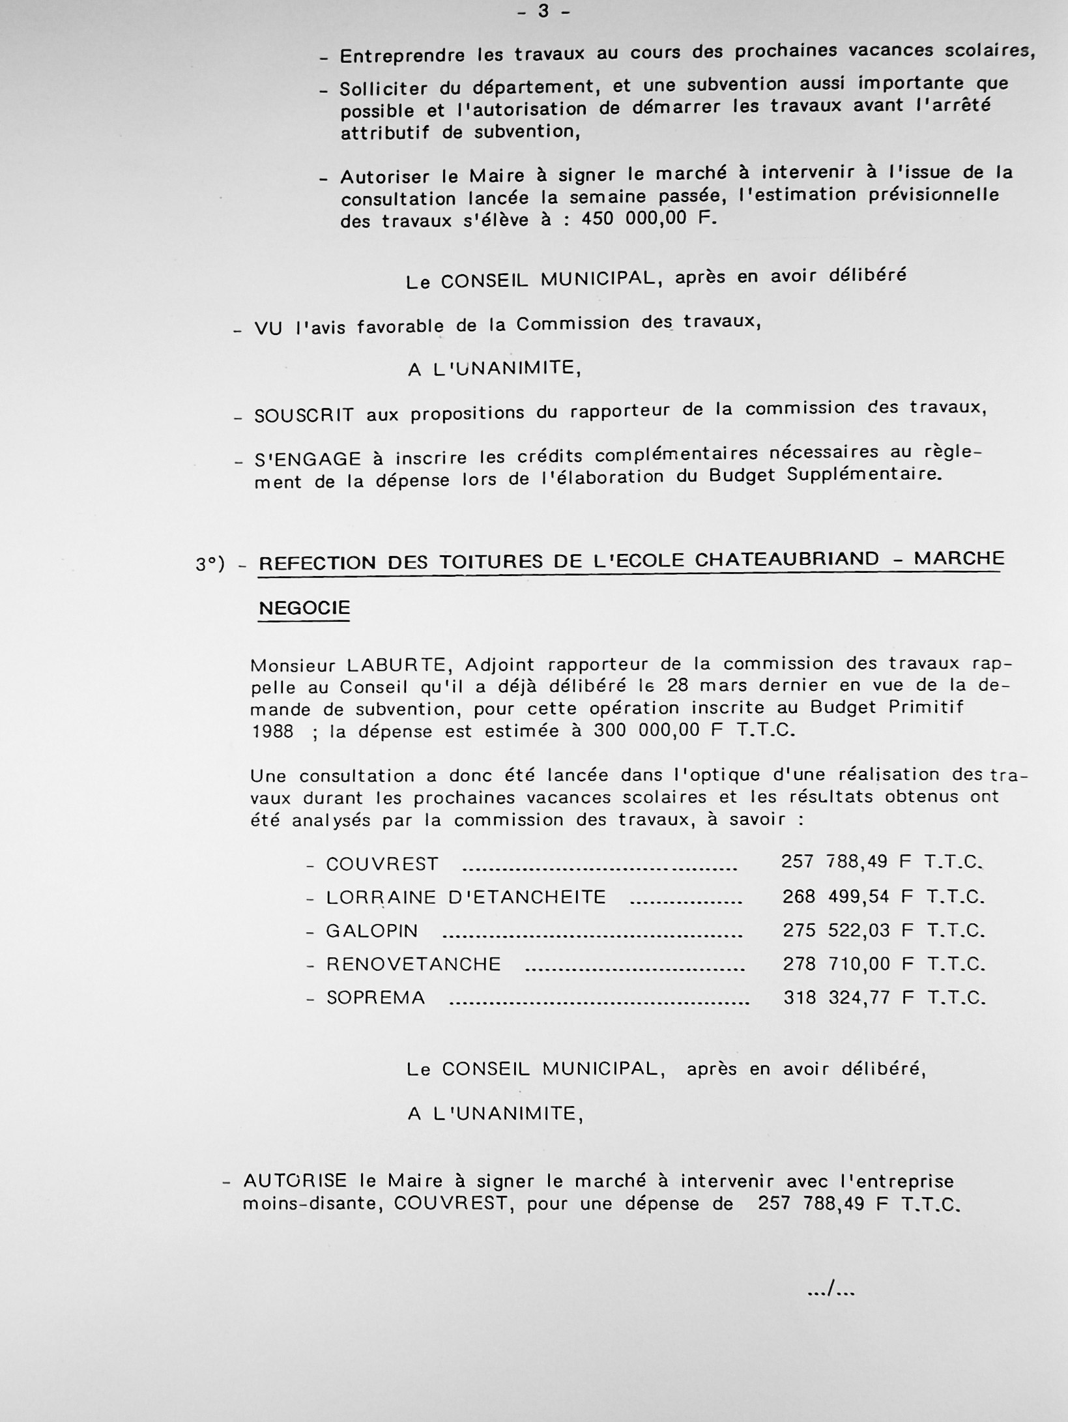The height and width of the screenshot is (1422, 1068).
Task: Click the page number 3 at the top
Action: tap(543, 12)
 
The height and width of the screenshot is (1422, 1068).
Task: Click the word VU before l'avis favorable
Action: tap(268, 328)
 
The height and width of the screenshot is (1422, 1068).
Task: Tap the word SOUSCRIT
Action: tap(304, 415)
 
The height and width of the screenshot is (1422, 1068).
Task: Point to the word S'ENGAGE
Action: tap(308, 459)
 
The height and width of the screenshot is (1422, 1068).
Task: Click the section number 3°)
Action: tap(210, 564)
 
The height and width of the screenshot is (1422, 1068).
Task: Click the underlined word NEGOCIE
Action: tap(304, 608)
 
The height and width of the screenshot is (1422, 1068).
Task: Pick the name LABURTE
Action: tap(396, 665)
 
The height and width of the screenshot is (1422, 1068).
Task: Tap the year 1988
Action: tap(272, 731)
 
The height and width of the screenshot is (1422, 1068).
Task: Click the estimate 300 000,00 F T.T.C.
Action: tap(695, 730)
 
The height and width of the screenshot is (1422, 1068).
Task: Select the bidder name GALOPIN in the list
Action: tap(372, 931)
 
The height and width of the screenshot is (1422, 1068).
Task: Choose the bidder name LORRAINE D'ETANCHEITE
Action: tap(466, 897)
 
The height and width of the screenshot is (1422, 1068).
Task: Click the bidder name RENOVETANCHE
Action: tap(414, 964)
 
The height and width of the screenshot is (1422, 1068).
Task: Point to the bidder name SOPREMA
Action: tap(376, 998)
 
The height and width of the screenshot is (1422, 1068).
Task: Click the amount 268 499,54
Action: tap(835, 897)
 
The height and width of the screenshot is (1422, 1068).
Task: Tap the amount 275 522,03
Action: tap(836, 930)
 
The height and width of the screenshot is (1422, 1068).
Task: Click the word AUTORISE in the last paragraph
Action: tap(295, 1181)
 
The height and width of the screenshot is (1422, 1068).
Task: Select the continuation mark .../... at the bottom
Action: tap(830, 1291)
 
